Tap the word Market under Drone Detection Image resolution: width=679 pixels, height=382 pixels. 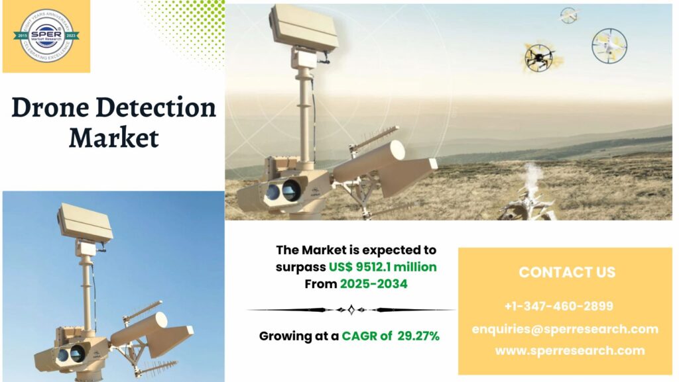coord(113,138)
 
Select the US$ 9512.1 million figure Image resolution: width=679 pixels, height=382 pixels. coord(383,267)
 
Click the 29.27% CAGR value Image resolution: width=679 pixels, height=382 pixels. coord(418,336)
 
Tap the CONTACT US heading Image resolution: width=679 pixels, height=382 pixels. coord(566,272)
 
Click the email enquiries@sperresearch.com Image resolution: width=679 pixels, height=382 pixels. coord(565,329)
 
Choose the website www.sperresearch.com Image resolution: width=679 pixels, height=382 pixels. coord(570,351)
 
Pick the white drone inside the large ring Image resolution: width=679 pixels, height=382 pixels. coord(609,45)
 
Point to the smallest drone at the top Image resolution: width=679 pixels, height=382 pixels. coord(569,15)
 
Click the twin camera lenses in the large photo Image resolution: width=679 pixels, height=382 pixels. coord(282,192)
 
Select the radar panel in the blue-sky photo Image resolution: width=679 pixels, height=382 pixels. coord(84,221)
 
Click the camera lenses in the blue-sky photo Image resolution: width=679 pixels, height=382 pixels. coord(70,355)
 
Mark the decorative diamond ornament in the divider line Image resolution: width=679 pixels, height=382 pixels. coord(351,309)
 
